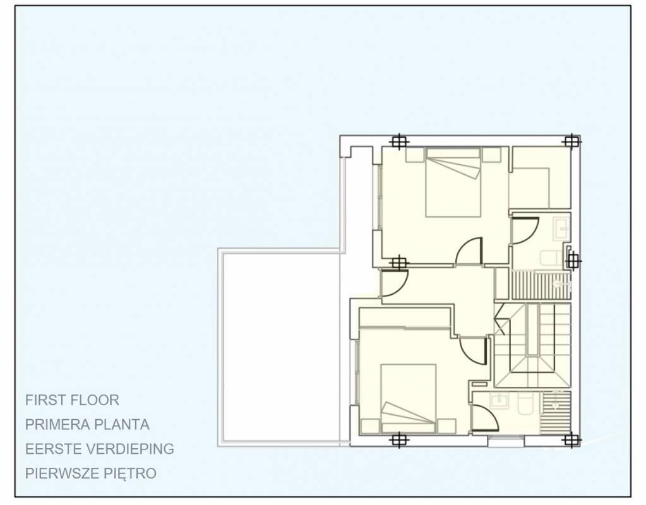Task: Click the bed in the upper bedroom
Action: point(453,182)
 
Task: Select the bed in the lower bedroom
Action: point(409,398)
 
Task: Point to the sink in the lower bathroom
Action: point(499,400)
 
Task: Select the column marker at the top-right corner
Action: point(571,141)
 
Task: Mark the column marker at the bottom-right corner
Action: point(571,440)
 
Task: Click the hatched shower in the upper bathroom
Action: point(541,285)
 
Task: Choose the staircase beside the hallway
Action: point(533,345)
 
